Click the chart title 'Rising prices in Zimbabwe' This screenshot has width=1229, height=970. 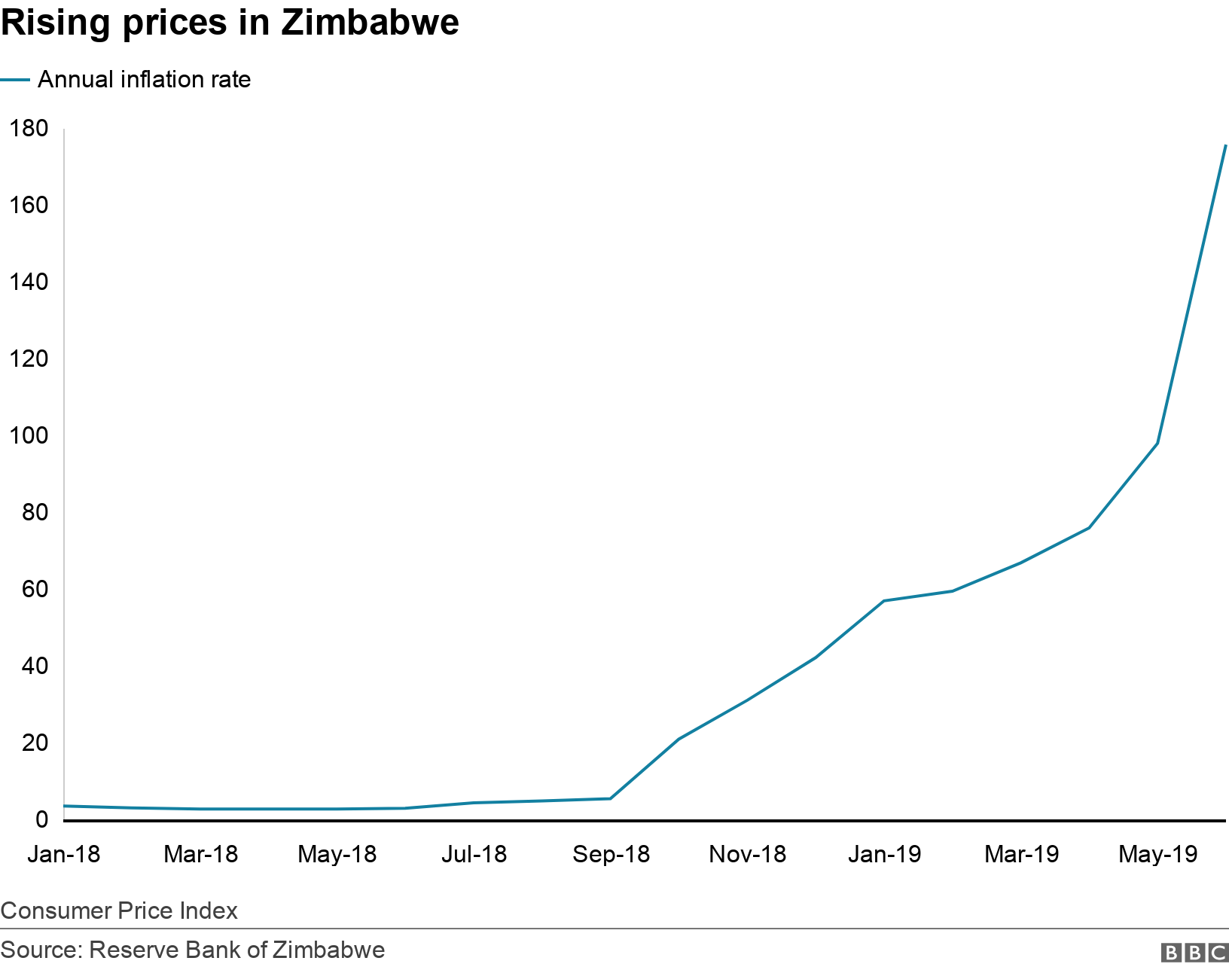coord(230,23)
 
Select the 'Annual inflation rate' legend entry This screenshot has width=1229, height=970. coord(144,79)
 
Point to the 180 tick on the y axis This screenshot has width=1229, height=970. coord(29,128)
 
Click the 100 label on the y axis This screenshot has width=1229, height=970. coord(29,435)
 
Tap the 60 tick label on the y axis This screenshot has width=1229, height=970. coord(35,589)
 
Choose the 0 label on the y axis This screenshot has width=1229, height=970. coord(41,819)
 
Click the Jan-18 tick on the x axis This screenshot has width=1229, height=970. coord(64,854)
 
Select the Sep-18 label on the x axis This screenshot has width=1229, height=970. coord(611,854)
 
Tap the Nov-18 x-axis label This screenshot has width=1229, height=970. coord(747,854)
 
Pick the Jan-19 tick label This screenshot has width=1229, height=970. coord(884,854)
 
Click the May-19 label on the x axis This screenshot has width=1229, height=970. coord(1157,854)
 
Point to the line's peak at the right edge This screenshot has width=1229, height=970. coord(1225,145)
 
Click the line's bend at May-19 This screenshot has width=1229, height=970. coord(1157,444)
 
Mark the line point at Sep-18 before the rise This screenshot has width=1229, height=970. coord(610,798)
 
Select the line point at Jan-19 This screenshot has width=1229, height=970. coord(883,601)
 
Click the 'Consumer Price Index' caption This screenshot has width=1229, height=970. coord(119,911)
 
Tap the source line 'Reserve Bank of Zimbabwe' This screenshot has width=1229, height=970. coord(193,950)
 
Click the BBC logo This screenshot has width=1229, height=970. coord(1194,953)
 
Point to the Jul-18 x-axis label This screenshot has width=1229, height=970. coord(474,854)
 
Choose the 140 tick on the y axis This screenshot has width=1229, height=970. coord(29,282)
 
